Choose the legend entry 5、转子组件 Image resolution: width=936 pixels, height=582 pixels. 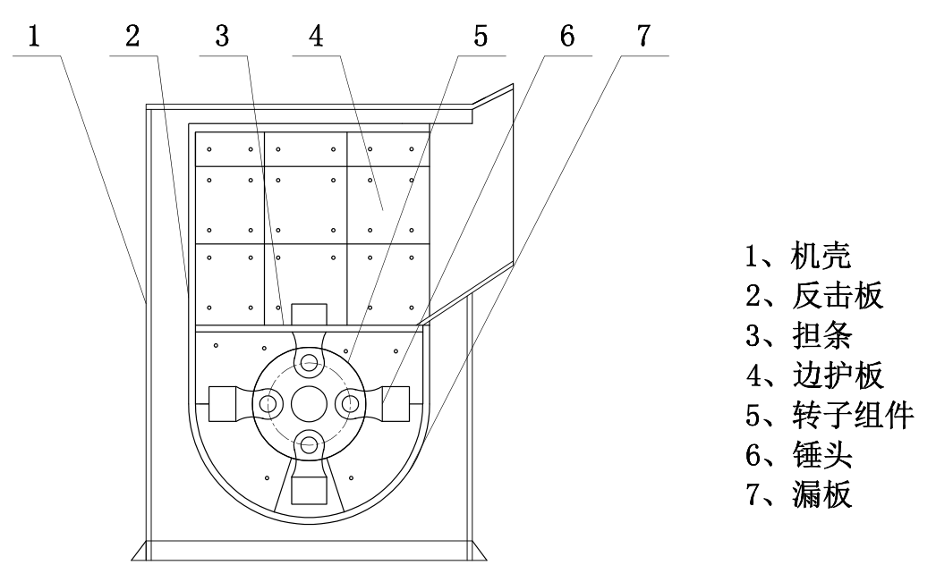[x=830, y=414]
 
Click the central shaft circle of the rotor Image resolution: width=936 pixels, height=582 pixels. [x=309, y=403]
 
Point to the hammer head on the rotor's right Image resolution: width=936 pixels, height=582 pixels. [x=394, y=403]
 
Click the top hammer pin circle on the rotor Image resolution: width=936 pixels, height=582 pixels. [x=310, y=362]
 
